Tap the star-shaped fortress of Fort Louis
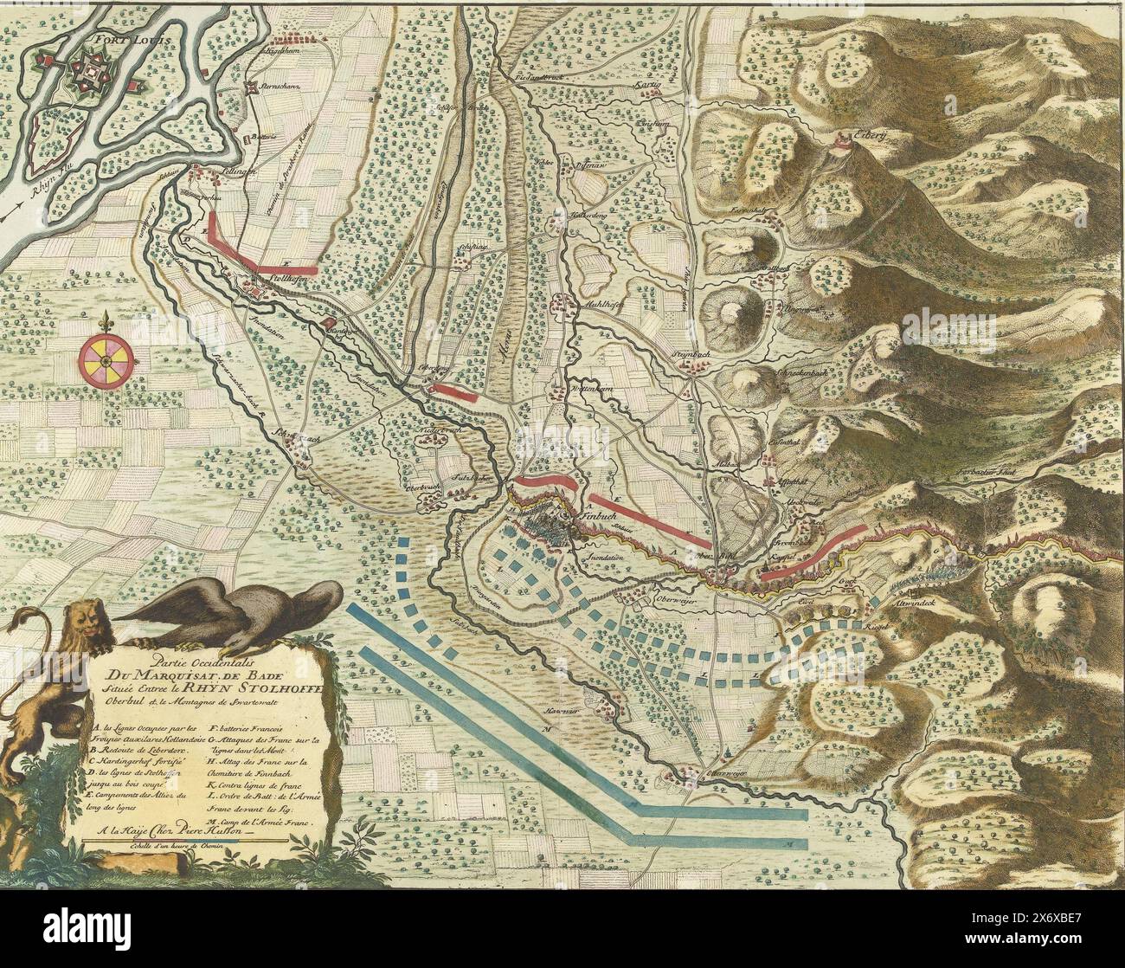[x=90, y=72]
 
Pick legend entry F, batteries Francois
[x=245, y=728]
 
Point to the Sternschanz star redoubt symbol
[x=252, y=87]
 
